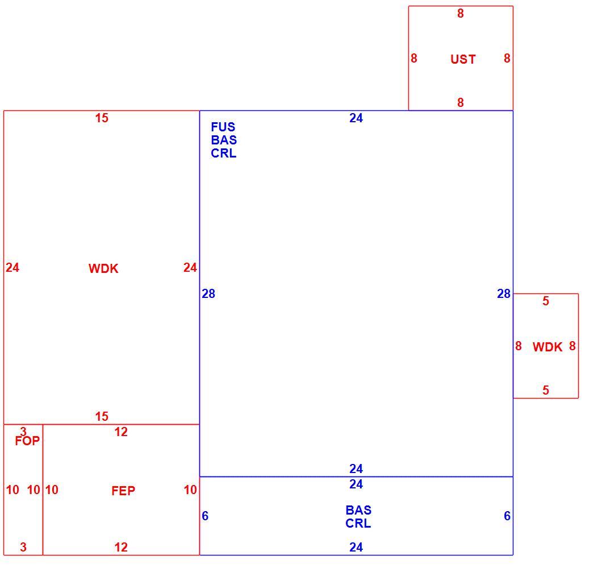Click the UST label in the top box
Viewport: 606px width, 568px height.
coord(463,59)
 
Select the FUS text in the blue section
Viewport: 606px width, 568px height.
coord(223,127)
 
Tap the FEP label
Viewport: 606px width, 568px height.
coord(123,491)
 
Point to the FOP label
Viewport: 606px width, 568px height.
coord(27,441)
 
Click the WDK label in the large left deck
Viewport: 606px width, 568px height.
coord(103,268)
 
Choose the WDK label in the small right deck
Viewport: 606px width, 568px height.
coord(548,347)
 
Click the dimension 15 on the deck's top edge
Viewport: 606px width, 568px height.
coord(102,118)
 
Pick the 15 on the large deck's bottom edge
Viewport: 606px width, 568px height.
coord(102,416)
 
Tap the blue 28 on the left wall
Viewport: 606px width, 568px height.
coord(208,294)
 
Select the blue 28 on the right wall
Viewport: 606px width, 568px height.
coord(504,294)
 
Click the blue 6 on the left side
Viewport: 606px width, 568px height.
coord(205,516)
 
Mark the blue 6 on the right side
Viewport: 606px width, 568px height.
coord(507,516)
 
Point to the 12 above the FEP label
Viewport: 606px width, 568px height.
coord(121,432)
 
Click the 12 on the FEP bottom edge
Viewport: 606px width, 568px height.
coord(121,547)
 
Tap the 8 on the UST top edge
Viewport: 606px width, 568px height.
coord(460,14)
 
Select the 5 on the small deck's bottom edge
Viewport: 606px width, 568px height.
coord(546,390)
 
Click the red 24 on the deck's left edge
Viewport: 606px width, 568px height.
coord(12,267)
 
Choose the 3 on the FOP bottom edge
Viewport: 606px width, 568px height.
coord(23,547)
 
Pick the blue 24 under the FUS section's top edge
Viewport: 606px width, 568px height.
coord(356,118)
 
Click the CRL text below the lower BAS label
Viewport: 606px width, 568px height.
coord(358,523)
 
